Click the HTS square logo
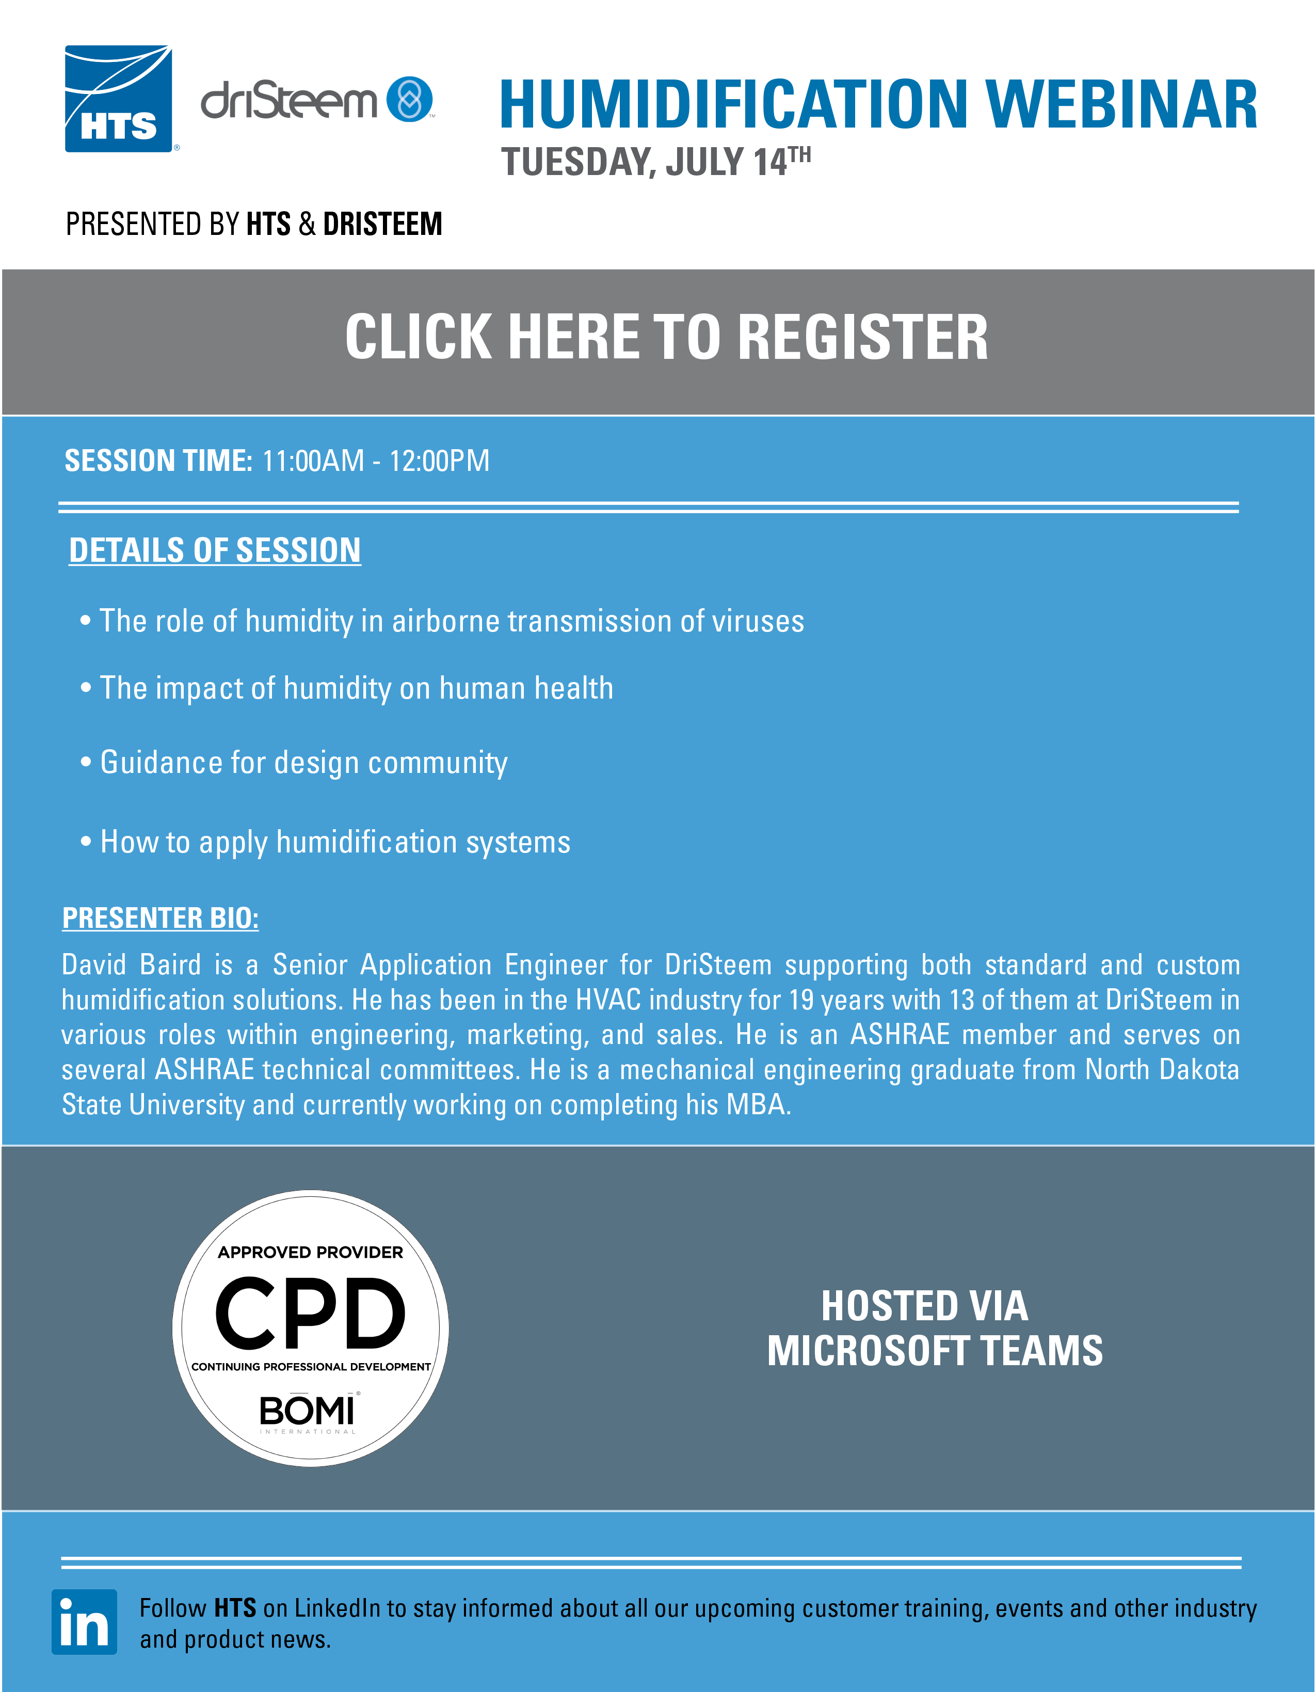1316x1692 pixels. (119, 99)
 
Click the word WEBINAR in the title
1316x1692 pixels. (1121, 105)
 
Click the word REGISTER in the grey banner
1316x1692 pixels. (863, 337)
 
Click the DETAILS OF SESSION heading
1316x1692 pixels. (215, 550)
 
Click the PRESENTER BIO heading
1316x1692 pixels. (161, 918)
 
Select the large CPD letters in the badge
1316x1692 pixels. (310, 1313)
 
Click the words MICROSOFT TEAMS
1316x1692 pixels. (935, 1351)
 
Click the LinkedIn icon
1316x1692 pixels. (85, 1621)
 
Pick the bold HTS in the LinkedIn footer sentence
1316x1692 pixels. (235, 1608)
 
